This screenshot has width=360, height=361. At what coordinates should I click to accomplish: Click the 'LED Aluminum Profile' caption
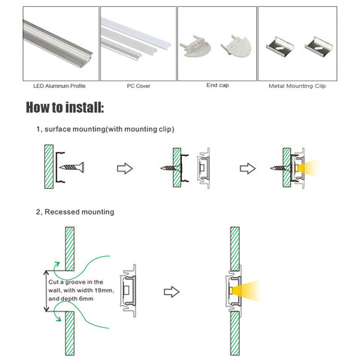(x=59, y=86)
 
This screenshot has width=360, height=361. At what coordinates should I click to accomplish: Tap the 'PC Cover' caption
(x=138, y=86)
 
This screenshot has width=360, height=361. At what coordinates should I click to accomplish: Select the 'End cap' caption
(x=217, y=85)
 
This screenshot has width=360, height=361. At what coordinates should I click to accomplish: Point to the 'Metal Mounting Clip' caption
(x=297, y=86)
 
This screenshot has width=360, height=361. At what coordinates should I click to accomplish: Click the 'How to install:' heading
(x=65, y=108)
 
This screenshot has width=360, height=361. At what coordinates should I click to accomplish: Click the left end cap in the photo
(x=195, y=46)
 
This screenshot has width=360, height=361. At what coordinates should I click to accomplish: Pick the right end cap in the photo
(x=236, y=47)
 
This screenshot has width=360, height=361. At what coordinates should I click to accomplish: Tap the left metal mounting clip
(x=280, y=46)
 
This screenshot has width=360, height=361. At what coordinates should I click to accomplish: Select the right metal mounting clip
(x=319, y=47)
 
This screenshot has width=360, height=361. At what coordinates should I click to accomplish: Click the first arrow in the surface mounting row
(x=125, y=168)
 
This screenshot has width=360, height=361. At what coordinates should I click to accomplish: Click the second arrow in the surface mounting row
(x=247, y=168)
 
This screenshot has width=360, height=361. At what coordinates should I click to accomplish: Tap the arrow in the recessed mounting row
(x=171, y=292)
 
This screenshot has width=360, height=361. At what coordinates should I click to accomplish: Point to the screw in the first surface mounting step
(x=72, y=167)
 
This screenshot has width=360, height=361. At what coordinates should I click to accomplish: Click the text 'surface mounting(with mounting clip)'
(x=109, y=129)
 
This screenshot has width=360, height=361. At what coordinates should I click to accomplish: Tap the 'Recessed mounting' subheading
(x=79, y=212)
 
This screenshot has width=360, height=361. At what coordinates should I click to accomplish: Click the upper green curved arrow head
(x=57, y=265)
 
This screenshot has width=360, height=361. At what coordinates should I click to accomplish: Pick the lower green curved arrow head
(x=58, y=318)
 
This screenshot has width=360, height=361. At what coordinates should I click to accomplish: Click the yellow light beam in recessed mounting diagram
(x=247, y=291)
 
